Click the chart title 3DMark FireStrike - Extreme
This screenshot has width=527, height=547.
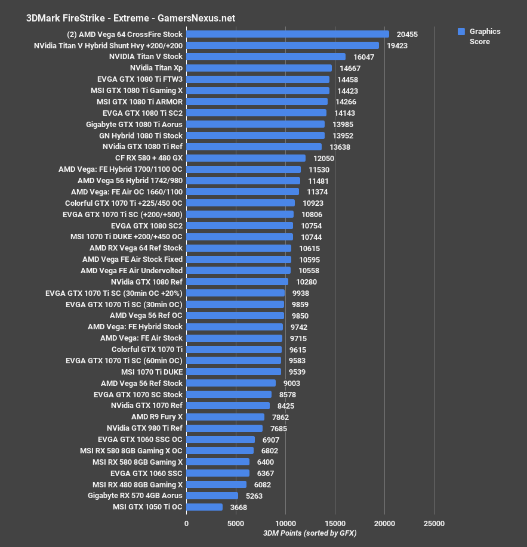[130, 18]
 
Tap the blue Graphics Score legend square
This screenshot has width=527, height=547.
[461, 32]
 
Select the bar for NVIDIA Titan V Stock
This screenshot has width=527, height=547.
[266, 57]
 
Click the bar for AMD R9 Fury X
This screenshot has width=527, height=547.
[225, 417]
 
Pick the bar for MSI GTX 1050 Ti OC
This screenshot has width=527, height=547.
[204, 507]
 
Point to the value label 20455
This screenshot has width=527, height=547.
[406, 35]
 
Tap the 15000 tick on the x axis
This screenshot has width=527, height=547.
[335, 523]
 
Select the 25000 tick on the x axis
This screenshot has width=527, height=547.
[434, 523]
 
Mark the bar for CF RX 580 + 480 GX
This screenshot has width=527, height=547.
[246, 158]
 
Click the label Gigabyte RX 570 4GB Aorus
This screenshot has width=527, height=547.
[135, 496]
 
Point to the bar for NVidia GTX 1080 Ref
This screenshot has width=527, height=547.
[237, 282]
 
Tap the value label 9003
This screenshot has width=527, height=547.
[291, 383]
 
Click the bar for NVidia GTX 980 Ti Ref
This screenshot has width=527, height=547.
[224, 428]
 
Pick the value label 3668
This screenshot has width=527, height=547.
[237, 507]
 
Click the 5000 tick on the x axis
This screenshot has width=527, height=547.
[236, 523]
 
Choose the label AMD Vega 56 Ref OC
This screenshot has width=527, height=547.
[146, 316]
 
